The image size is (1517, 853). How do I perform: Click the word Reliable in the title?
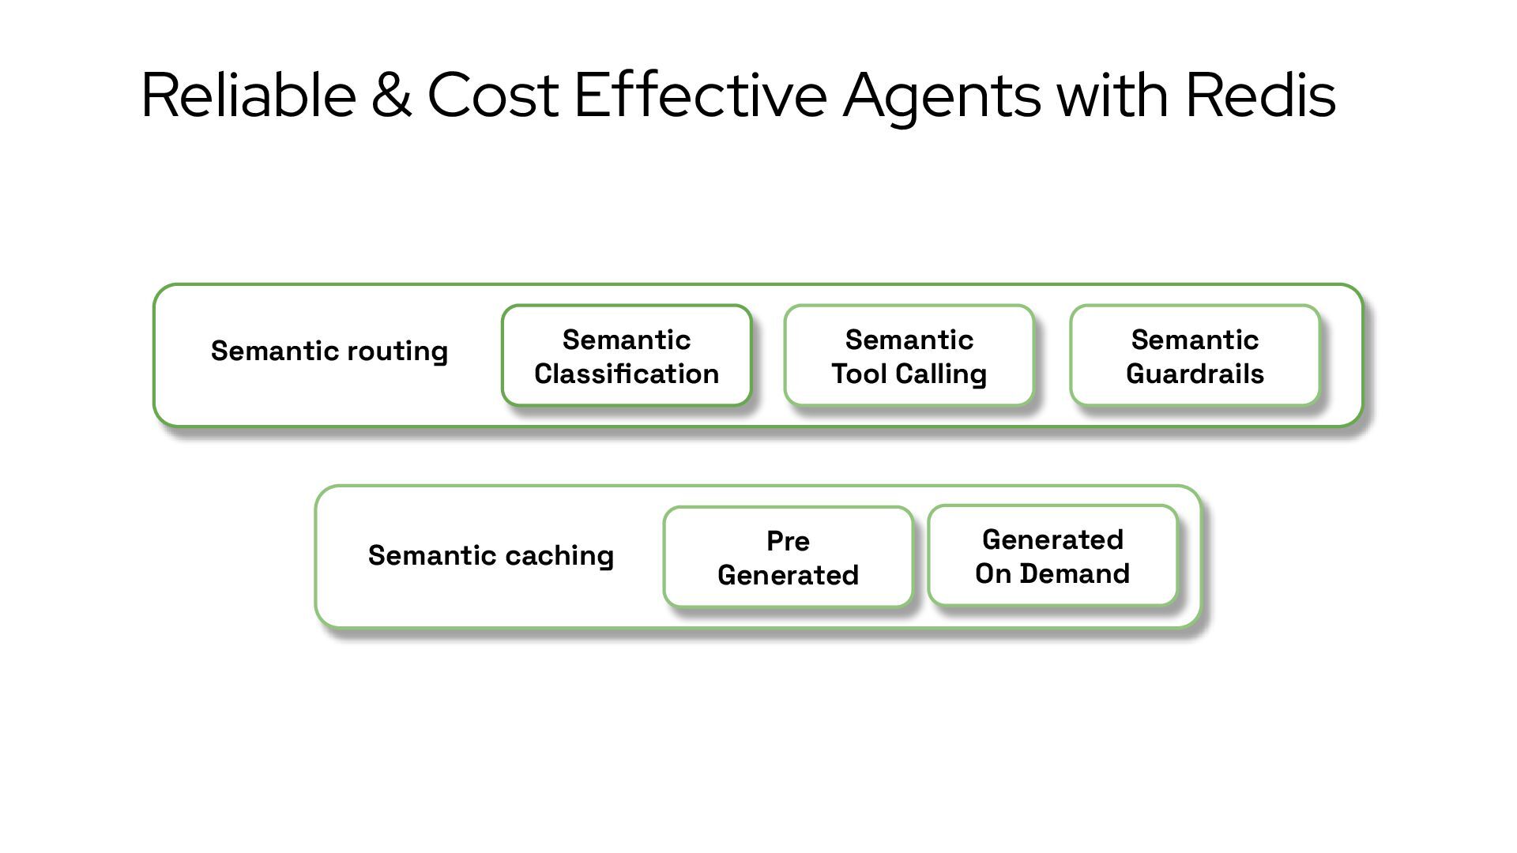(248, 96)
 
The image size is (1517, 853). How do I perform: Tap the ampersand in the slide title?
(391, 96)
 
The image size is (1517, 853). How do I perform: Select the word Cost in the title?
(492, 96)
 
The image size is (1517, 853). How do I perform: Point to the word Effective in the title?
(700, 96)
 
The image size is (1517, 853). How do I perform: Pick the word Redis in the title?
(1260, 96)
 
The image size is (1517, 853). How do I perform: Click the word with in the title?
(1112, 96)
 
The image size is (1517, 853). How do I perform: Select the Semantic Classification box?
(627, 355)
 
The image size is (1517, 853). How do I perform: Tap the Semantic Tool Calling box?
(909, 355)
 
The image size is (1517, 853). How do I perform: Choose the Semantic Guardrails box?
(1195, 355)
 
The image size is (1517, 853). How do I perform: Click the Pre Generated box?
(788, 557)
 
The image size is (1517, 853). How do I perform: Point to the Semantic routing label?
(329, 351)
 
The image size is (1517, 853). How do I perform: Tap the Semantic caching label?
(491, 555)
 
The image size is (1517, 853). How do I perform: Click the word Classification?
(627, 374)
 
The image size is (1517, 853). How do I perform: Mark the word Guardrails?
(1195, 374)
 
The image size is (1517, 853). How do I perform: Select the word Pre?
(788, 541)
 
